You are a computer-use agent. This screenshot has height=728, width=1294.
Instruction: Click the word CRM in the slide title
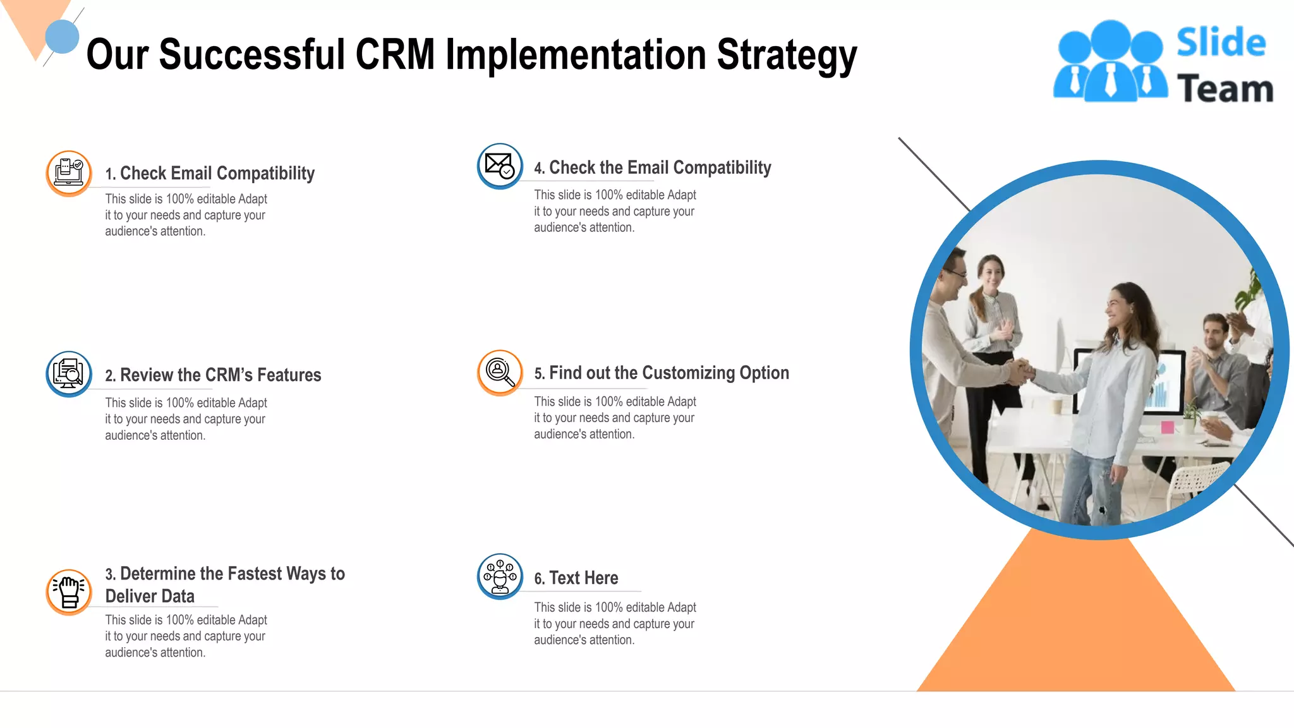[395, 54]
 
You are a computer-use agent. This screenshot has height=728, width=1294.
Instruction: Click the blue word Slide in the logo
[1221, 42]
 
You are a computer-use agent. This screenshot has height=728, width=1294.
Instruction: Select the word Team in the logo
[1224, 88]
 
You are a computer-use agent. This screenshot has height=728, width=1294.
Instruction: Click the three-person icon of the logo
[1110, 62]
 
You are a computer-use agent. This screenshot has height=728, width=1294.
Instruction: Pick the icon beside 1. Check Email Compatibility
[69, 173]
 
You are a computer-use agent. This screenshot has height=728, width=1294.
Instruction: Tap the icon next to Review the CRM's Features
[69, 373]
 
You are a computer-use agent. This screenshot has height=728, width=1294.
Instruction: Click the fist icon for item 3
[69, 591]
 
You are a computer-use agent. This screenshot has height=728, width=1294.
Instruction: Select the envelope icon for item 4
[500, 166]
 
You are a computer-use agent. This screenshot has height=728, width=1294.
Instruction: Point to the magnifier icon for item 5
[500, 372]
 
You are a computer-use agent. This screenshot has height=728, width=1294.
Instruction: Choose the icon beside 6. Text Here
[500, 576]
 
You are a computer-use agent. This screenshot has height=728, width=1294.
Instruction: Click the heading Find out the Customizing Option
[668, 373]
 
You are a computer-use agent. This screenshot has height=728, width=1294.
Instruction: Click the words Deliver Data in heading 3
[150, 596]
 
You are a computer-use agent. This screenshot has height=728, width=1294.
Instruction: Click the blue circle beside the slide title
[62, 37]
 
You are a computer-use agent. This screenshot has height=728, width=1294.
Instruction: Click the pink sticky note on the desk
[1167, 427]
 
